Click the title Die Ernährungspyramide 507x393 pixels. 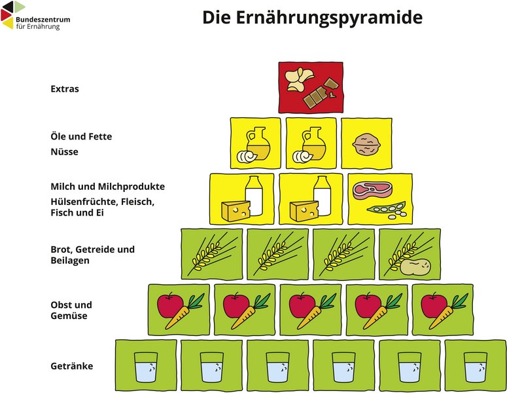312,18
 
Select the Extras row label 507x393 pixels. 65,88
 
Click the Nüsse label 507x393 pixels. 64,152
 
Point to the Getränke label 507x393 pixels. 71,366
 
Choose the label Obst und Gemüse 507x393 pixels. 71,310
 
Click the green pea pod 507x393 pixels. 386,209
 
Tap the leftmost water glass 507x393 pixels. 146,367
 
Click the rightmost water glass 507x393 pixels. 475,367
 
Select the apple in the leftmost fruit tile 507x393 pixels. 169,305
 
